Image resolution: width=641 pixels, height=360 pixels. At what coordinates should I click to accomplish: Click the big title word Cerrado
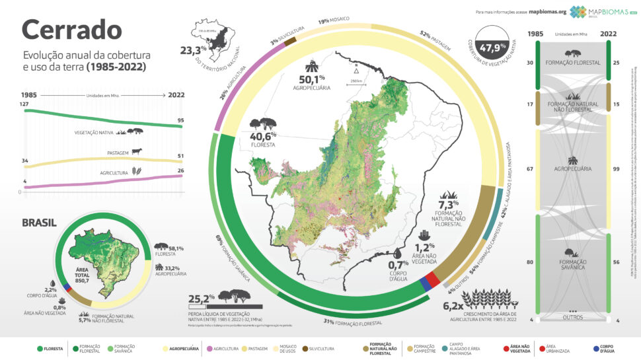coord(71,29)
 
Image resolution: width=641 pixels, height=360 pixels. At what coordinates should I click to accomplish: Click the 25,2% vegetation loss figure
coord(202,297)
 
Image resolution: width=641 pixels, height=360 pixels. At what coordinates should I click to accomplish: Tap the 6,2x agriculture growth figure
coord(454,305)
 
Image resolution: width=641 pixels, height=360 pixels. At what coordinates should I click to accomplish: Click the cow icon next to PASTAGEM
coord(137,151)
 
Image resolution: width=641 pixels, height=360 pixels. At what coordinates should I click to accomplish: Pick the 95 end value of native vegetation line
coord(181,120)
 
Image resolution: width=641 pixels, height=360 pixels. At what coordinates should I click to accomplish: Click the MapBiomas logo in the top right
coord(596,11)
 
